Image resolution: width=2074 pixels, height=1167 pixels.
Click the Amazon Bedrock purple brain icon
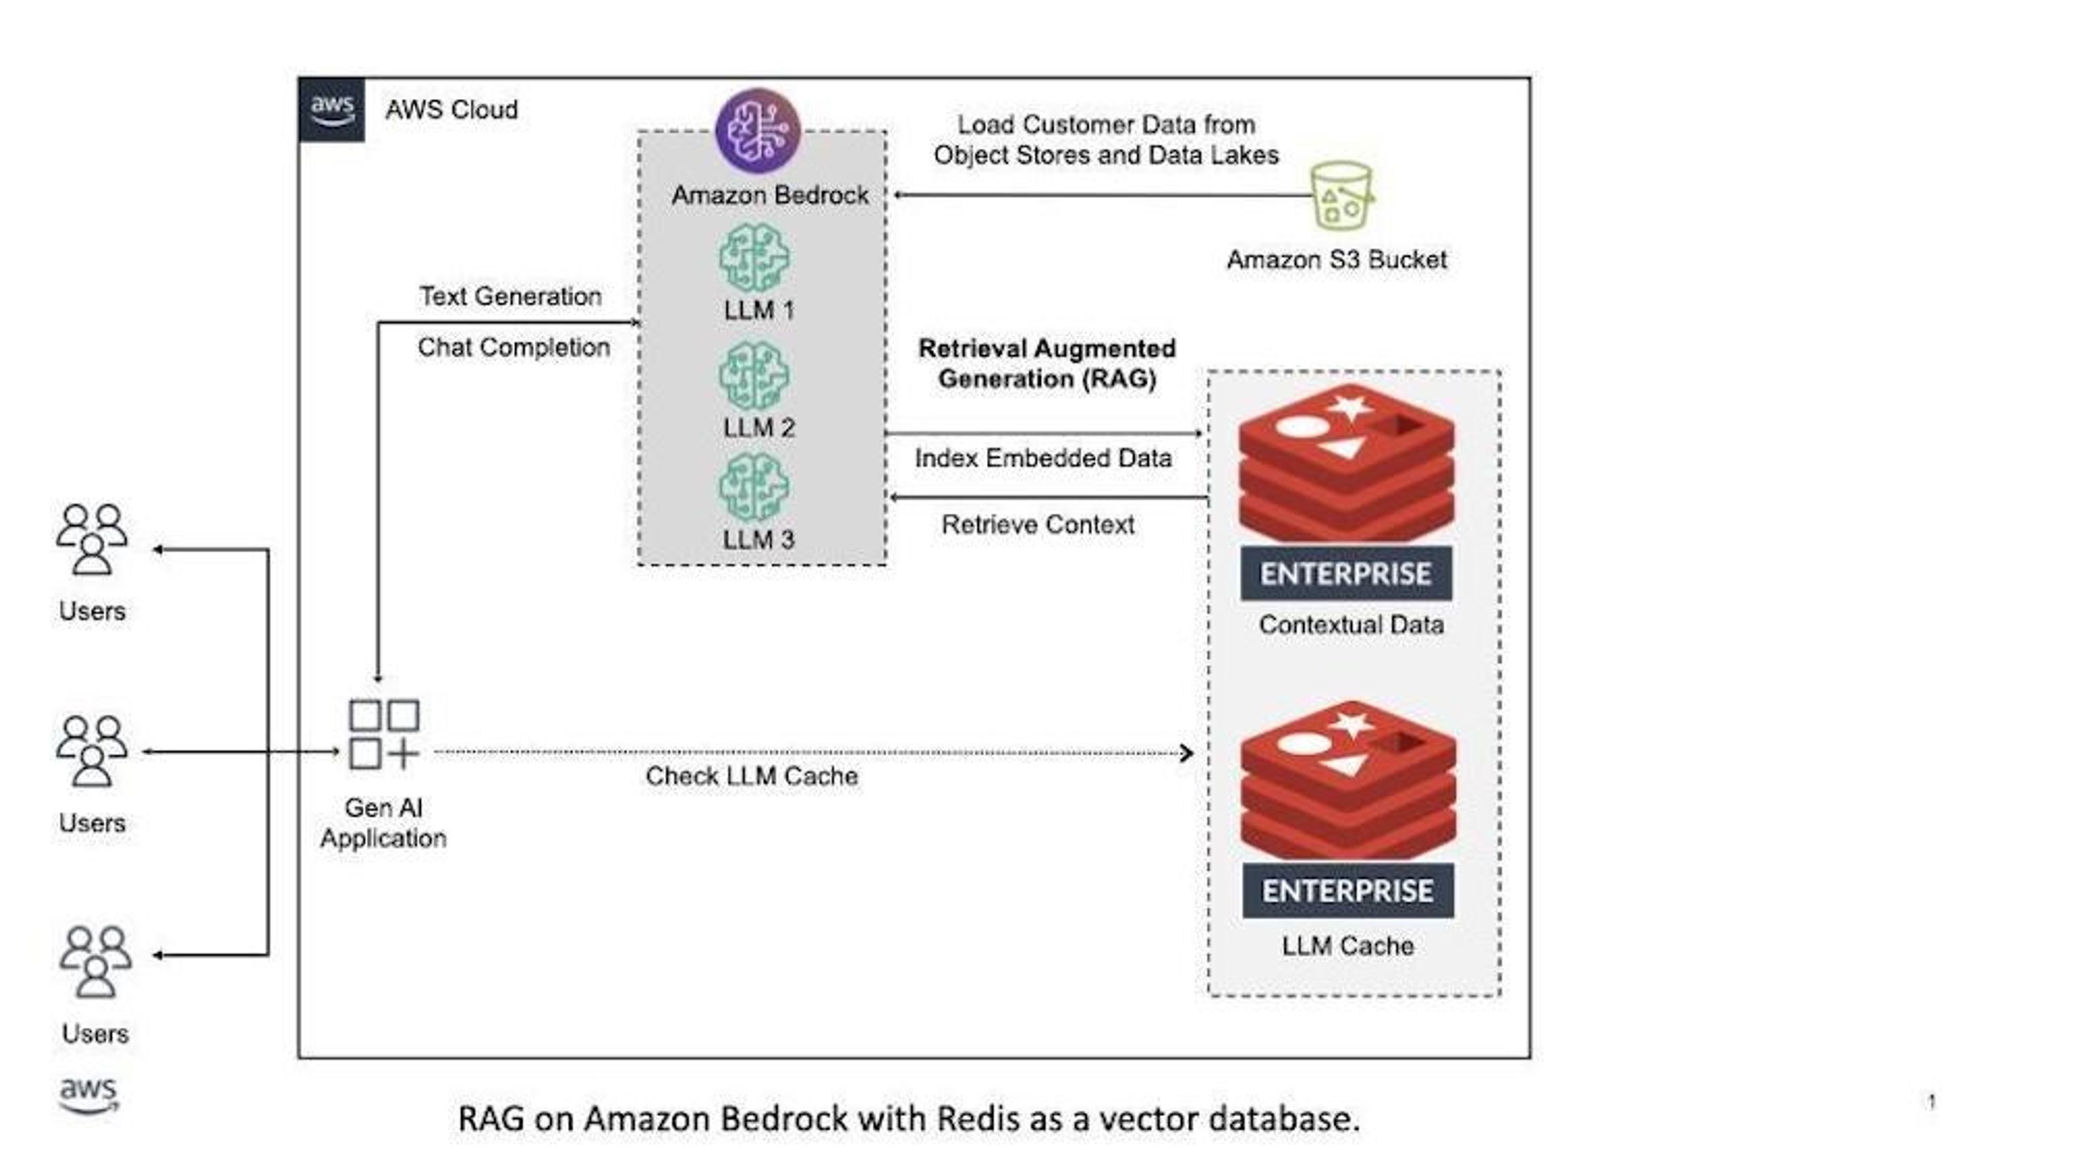click(758, 131)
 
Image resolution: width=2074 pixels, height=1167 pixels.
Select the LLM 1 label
click(758, 310)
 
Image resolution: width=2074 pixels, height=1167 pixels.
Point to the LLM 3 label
click(758, 539)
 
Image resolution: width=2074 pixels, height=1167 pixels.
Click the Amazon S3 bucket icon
click(1341, 196)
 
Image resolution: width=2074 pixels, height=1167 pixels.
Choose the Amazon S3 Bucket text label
click(1337, 260)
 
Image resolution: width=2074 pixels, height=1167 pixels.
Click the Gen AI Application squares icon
click(384, 735)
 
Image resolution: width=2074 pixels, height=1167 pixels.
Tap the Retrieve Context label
click(1038, 525)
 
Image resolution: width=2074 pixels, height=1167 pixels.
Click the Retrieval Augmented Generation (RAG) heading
click(1047, 364)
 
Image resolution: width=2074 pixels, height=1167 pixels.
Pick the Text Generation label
click(510, 296)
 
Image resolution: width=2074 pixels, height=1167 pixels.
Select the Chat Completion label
click(514, 348)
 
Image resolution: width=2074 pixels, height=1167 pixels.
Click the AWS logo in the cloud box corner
click(332, 110)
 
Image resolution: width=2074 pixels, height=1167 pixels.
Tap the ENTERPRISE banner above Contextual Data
click(1346, 574)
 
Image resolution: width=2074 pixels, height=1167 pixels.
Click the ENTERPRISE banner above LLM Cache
click(1348, 891)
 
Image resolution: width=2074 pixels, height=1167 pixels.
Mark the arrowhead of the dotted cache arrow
click(1187, 754)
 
